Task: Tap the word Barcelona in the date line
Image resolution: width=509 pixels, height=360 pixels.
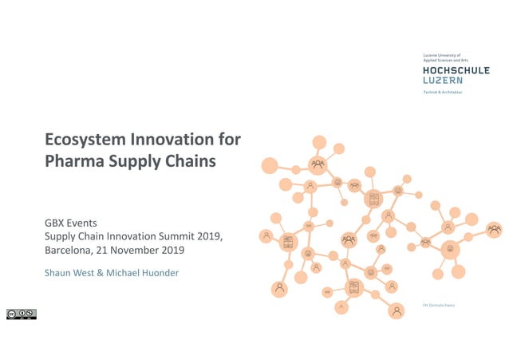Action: (69, 250)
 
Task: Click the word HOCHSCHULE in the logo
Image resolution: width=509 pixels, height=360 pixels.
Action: (456, 70)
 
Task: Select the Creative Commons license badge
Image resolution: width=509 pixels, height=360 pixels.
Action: (22, 314)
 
